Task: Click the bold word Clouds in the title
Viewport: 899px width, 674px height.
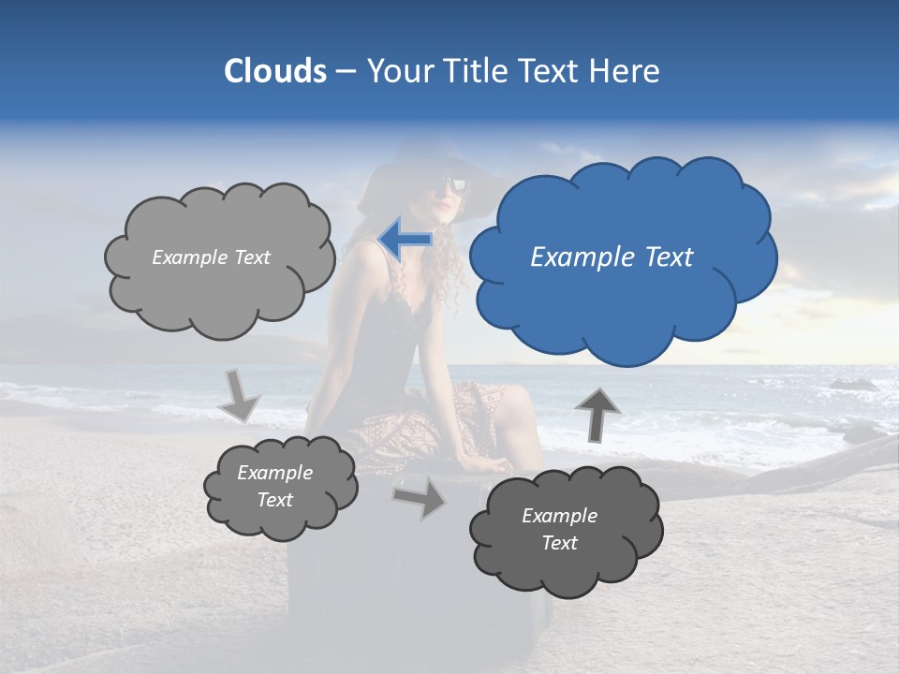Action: [x=275, y=71]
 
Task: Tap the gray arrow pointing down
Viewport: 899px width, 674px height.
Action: [x=239, y=394]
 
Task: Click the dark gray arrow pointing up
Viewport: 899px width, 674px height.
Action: [x=597, y=414]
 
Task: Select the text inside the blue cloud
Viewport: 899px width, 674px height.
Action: [x=612, y=257]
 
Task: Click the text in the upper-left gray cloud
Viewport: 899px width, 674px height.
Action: [x=211, y=257]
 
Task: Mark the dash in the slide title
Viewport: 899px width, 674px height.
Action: [x=346, y=72]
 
